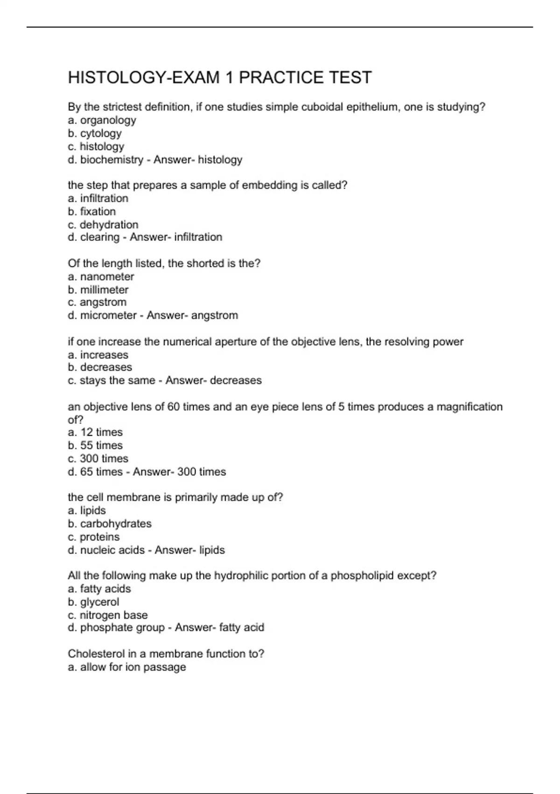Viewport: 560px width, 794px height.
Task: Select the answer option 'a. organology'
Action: (x=102, y=121)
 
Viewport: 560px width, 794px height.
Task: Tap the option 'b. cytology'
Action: (x=95, y=134)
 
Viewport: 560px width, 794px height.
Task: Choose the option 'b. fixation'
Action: (x=91, y=212)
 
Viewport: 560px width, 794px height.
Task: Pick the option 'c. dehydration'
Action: (x=103, y=225)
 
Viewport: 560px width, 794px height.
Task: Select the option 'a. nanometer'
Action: (x=101, y=276)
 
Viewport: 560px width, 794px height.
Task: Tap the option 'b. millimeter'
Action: (x=98, y=290)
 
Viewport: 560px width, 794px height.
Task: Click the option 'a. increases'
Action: (x=98, y=355)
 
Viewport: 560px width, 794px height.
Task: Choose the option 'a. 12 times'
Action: (x=95, y=432)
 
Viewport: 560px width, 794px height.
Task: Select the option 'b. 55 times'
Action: (x=95, y=446)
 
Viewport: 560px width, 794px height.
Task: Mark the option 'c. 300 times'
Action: (x=98, y=459)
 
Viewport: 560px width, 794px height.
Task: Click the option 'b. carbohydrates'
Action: (x=110, y=524)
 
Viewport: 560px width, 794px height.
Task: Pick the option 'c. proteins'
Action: (x=93, y=537)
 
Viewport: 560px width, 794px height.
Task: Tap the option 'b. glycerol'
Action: (x=93, y=602)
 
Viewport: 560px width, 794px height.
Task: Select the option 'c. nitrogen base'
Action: (x=107, y=615)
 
